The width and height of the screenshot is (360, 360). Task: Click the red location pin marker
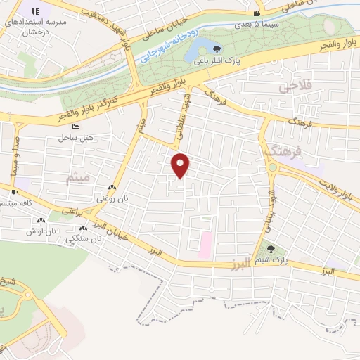pos(181,165)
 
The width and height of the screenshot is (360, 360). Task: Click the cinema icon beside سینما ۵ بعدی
pos(257,13)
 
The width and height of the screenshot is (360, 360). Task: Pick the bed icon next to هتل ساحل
pos(75,127)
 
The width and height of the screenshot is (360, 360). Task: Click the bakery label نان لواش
pos(41,231)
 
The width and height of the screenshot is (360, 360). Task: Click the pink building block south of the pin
pos(205,243)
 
